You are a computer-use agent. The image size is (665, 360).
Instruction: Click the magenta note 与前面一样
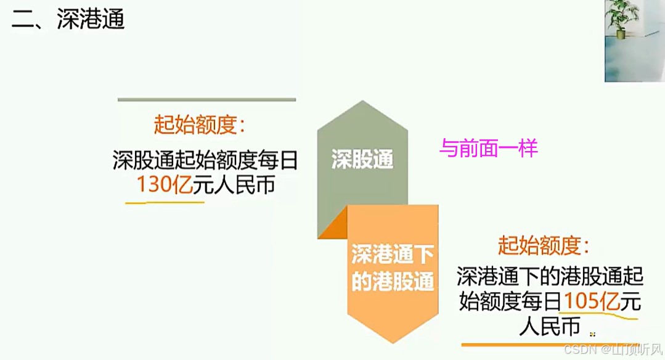pos(489,149)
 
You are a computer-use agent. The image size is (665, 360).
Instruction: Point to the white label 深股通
pos(362,160)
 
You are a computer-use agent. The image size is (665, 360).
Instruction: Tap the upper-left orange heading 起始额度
pos(199,125)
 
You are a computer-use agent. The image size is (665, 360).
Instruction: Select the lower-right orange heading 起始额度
pos(544,246)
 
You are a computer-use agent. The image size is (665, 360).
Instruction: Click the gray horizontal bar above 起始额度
pos(206,99)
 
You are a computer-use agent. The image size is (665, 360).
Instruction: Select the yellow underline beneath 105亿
pos(598,316)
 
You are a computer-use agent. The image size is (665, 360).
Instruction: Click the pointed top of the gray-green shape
pos(362,102)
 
